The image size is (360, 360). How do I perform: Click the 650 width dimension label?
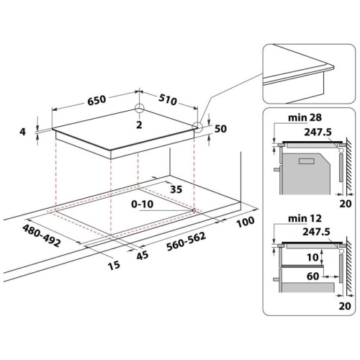tap(96, 100)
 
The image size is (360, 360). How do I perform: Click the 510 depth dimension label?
tap(168, 100)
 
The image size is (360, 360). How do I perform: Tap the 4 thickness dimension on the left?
tap(22, 132)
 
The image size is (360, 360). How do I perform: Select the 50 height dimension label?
tap(220, 129)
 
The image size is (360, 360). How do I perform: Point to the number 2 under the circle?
tap(139, 125)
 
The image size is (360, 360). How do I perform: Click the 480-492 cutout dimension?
tap(41, 235)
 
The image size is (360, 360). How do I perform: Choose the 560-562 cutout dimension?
tap(186, 241)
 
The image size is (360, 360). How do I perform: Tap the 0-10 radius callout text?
tap(143, 204)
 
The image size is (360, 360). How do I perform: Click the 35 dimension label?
tap(176, 189)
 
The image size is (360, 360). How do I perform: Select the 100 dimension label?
tap(246, 222)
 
